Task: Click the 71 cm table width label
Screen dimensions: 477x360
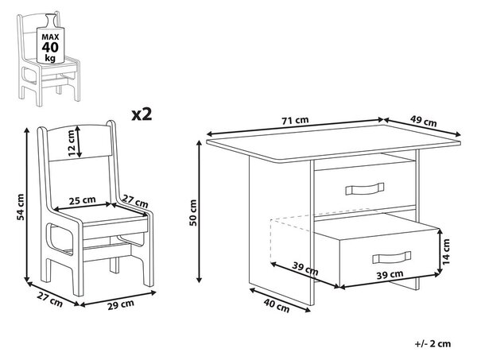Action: pyautogui.click(x=295, y=121)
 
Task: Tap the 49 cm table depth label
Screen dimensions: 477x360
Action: pyautogui.click(x=423, y=122)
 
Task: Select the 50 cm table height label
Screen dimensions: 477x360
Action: pyautogui.click(x=193, y=212)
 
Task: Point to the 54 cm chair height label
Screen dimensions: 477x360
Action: pyautogui.click(x=21, y=207)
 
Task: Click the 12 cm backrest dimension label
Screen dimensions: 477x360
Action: pyautogui.click(x=71, y=143)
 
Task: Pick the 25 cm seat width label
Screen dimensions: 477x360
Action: pyautogui.click(x=82, y=201)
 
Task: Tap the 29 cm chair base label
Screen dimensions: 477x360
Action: pyautogui.click(x=121, y=304)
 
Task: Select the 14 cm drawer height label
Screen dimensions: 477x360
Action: pyautogui.click(x=446, y=251)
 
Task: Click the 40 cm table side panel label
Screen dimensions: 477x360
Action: pyautogui.click(x=276, y=305)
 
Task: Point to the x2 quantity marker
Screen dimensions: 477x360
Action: pyautogui.click(x=142, y=114)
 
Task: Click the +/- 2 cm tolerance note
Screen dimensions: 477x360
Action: pyautogui.click(x=433, y=344)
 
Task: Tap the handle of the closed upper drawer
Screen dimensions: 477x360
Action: pyautogui.click(x=364, y=188)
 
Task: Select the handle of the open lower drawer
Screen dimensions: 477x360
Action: pyautogui.click(x=391, y=257)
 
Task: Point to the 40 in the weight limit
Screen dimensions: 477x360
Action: pyautogui.click(x=50, y=48)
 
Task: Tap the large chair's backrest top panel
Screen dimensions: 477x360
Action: pyautogui.click(x=79, y=142)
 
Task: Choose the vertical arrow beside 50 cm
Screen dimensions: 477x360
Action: pyautogui.click(x=200, y=211)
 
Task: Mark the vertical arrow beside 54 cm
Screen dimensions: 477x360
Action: pyautogui.click(x=27, y=205)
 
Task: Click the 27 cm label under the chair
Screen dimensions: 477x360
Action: pyautogui.click(x=50, y=299)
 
